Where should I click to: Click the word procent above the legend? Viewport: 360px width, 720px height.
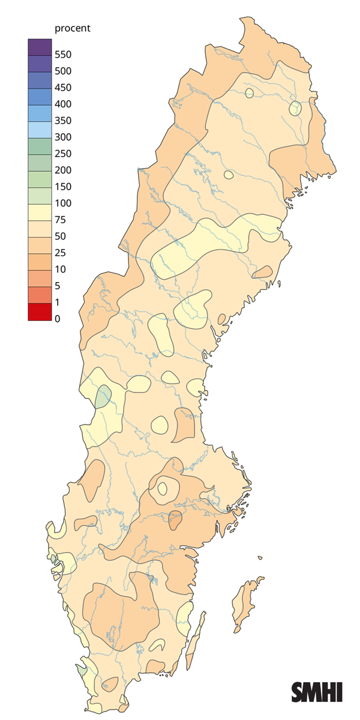[72, 28]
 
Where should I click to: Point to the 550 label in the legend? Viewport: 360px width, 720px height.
[63, 55]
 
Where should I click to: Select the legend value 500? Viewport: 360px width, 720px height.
[63, 71]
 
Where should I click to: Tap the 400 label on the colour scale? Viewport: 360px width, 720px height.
[63, 104]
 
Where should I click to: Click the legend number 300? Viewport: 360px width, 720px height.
[63, 137]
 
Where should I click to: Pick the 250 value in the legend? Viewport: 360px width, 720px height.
[63, 154]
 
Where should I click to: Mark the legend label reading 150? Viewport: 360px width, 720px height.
[63, 187]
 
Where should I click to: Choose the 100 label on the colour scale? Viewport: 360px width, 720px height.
[63, 203]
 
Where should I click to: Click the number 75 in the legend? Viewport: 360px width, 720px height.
[60, 220]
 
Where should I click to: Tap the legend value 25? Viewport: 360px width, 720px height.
[60, 253]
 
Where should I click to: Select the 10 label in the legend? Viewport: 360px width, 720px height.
[60, 269]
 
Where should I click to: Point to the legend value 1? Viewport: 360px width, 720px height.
[58, 302]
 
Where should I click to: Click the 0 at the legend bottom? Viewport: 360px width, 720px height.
[58, 319]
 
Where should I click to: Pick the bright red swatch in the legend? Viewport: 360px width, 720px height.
[40, 312]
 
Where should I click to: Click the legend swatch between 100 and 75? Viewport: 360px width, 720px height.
[40, 211]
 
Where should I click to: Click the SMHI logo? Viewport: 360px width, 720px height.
[317, 692]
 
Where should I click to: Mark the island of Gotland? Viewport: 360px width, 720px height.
[246, 603]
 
